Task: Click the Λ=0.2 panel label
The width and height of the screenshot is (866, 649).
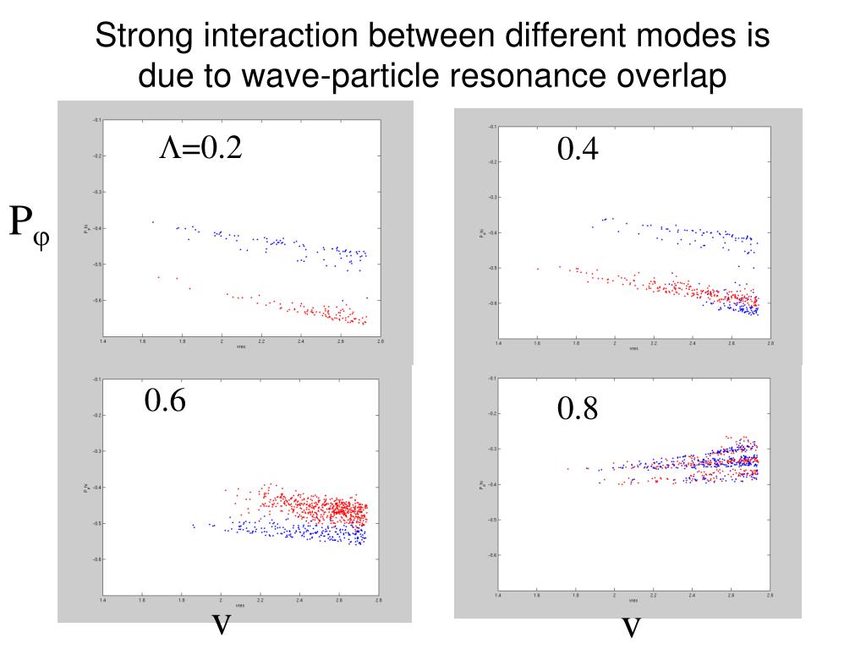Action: point(201,149)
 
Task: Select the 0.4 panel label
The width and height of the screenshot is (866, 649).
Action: point(578,150)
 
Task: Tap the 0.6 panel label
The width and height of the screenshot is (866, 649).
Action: point(165,400)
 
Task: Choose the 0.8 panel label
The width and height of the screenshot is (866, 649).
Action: point(578,409)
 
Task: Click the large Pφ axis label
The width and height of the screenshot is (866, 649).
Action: point(29,224)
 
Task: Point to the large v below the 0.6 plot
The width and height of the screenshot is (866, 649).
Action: point(221,624)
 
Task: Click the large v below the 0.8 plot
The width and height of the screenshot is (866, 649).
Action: point(631,626)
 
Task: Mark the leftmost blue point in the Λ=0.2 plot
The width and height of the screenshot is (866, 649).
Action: point(153,222)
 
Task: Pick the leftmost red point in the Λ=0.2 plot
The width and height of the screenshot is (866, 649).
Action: point(158,276)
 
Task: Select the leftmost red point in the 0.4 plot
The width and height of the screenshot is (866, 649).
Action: point(538,269)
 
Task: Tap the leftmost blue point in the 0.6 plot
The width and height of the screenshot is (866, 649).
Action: point(193,526)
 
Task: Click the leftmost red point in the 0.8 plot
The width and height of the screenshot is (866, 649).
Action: point(568,469)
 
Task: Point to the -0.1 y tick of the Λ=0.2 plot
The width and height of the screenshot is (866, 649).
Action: point(97,120)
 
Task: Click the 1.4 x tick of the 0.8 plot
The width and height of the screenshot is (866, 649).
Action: point(498,595)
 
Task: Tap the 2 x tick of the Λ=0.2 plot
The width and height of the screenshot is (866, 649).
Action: point(222,341)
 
